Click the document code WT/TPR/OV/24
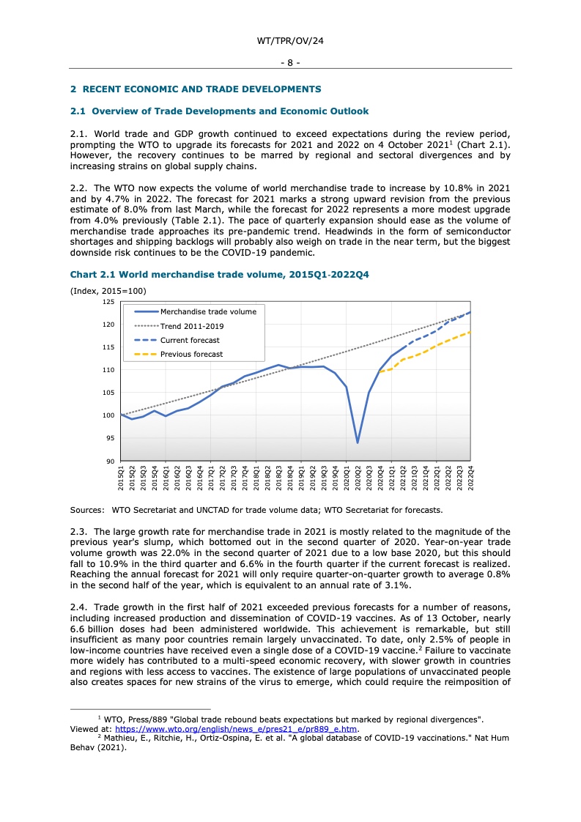tap(290, 41)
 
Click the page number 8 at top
tap(290, 63)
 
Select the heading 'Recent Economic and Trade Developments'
tap(196, 89)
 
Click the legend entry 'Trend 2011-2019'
tap(192, 326)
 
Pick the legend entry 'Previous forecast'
tap(191, 355)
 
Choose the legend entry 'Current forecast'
tap(190, 340)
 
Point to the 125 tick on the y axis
tap(109, 302)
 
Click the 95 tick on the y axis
tap(111, 438)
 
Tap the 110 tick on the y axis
tap(109, 370)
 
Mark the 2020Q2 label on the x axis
tap(358, 481)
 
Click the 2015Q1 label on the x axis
tap(121, 481)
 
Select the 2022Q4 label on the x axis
tap(470, 481)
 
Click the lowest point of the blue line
tap(358, 443)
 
